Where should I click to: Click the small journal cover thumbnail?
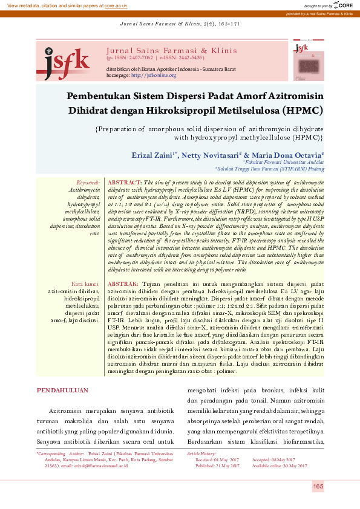pyautogui.click(x=307, y=60)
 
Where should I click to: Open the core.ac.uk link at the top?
pyautogui.click(x=116, y=5)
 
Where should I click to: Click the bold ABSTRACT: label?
pyautogui.click(x=125, y=182)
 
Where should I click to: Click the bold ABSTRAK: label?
pyautogui.click(x=123, y=284)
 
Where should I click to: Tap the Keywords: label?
pyautogui.click(x=88, y=182)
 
